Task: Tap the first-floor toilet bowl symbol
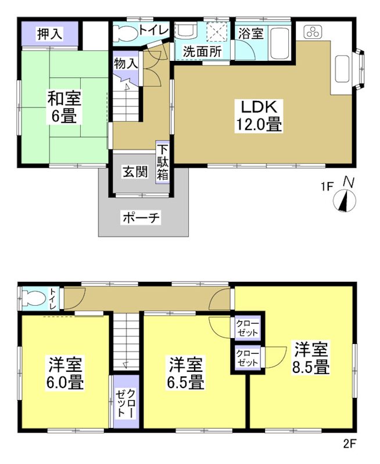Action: point(124,33)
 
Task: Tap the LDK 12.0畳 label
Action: point(259,115)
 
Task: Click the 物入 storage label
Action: point(126,63)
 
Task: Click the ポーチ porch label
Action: point(140,217)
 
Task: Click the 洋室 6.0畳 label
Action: point(65,374)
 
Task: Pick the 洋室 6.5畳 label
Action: point(186,374)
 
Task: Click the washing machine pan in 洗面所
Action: point(217,33)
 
